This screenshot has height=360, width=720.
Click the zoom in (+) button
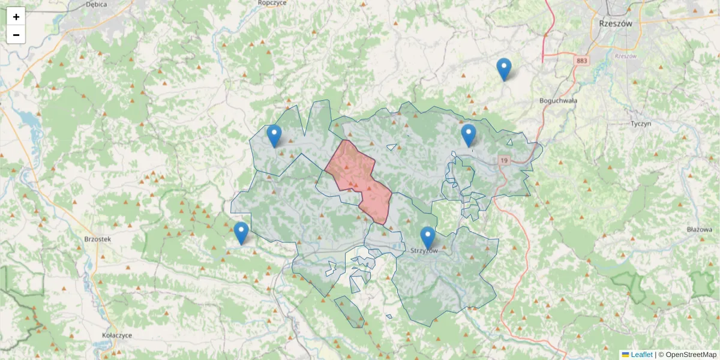[16, 17]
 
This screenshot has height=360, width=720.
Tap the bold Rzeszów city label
[616, 24]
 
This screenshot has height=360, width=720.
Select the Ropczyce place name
[272, 3]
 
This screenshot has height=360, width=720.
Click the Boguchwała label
[558, 101]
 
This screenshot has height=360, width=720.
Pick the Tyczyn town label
[641, 124]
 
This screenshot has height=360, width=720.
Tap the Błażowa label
[700, 230]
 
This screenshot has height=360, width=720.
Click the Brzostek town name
[98, 239]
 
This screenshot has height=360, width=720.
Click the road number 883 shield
[581, 61]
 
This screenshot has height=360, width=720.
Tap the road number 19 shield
[504, 160]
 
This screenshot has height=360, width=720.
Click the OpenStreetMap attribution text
[691, 355]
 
